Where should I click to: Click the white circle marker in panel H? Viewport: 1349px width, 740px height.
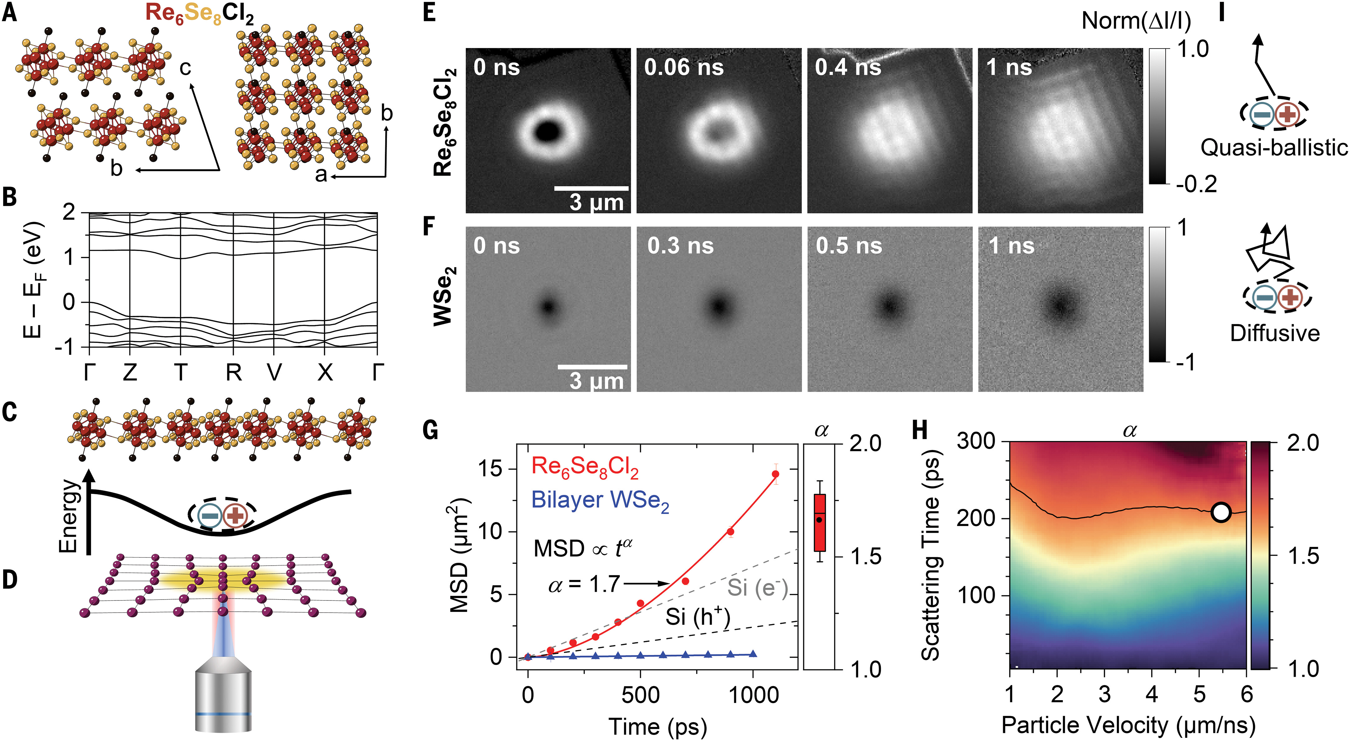[x=1221, y=513]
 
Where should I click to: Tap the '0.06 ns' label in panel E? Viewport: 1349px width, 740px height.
[x=684, y=68]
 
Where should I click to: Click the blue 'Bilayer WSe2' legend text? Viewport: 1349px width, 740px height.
[x=600, y=501]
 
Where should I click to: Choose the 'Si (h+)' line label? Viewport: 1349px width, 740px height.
[x=698, y=617]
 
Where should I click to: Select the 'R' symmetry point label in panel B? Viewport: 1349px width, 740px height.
[x=233, y=372]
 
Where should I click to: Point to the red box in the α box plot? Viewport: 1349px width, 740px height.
[x=819, y=523]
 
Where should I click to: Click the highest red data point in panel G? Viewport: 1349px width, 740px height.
[x=776, y=474]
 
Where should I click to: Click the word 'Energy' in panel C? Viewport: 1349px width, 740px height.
[x=68, y=516]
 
